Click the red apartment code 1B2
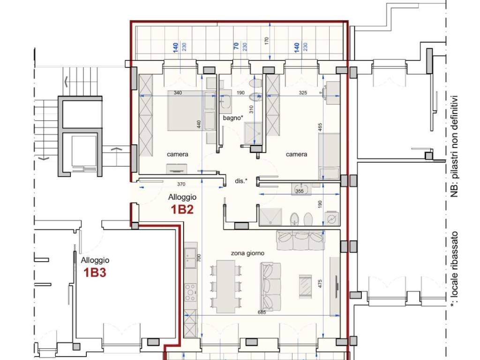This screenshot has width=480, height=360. point(182,210)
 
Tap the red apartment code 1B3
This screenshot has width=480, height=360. point(95,272)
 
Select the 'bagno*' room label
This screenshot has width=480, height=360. point(233,118)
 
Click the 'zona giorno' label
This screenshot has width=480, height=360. point(247,253)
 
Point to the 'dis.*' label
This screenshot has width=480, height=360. point(241,181)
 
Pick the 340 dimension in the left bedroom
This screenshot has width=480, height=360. point(178,92)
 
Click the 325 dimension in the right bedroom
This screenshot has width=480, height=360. point(302,92)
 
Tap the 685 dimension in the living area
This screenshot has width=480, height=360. point(262,312)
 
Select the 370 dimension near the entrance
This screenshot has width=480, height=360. point(181,184)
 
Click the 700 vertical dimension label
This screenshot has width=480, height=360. point(199,258)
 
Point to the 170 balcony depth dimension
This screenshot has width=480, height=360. point(266,40)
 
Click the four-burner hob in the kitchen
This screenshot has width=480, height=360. point(190,292)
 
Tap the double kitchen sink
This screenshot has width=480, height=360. point(190,257)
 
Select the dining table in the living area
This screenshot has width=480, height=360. point(226,286)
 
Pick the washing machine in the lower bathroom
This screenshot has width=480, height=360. point(332,218)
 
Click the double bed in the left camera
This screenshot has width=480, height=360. point(192,111)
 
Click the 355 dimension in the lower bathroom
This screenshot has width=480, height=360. point(300,191)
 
